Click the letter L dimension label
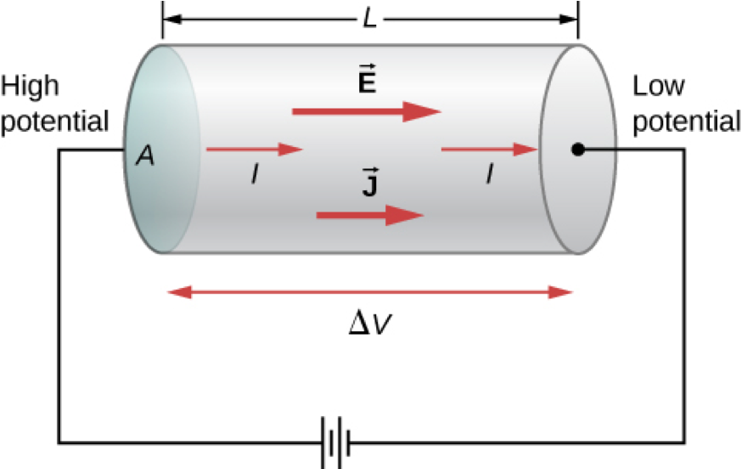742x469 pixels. (369, 18)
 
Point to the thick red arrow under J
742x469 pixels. (370, 216)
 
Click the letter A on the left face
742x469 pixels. (146, 157)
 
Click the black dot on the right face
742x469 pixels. (577, 150)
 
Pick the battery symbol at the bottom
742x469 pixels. (336, 441)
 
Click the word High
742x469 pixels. (31, 87)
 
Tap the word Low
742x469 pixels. (658, 87)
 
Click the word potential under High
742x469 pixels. (54, 121)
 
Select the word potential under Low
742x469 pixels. (687, 121)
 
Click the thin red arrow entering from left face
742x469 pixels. (254, 150)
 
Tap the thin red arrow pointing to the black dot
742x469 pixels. (489, 150)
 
